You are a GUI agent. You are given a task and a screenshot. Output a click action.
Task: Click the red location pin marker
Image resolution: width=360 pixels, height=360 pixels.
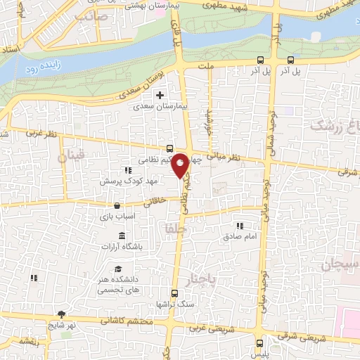coord(181,165)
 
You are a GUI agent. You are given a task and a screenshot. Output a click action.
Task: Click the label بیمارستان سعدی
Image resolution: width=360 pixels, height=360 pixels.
coord(161,107)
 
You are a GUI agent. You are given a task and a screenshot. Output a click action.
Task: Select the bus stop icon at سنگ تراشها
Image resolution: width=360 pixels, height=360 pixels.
coord(175,294)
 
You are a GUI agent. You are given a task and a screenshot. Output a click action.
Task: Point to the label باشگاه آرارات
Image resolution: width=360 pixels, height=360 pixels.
coord(122,247)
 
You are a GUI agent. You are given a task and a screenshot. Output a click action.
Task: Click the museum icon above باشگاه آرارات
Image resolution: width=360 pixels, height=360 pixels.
coord(122,236)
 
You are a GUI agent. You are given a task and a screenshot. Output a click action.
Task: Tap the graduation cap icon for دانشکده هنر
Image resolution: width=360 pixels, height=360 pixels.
coord(119,269)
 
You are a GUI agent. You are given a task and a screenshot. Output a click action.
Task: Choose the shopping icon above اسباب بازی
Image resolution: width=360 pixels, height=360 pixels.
coord(117,206)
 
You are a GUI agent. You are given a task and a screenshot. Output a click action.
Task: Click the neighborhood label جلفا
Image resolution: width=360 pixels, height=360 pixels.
coord(171,229)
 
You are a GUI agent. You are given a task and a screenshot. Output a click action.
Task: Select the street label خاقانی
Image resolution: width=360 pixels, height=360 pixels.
coord(155,201)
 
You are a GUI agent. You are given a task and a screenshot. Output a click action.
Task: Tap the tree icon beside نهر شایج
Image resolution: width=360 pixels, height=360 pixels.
coord(63,314)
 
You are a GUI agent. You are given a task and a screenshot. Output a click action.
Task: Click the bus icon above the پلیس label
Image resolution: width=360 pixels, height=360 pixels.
coord(262,343)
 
